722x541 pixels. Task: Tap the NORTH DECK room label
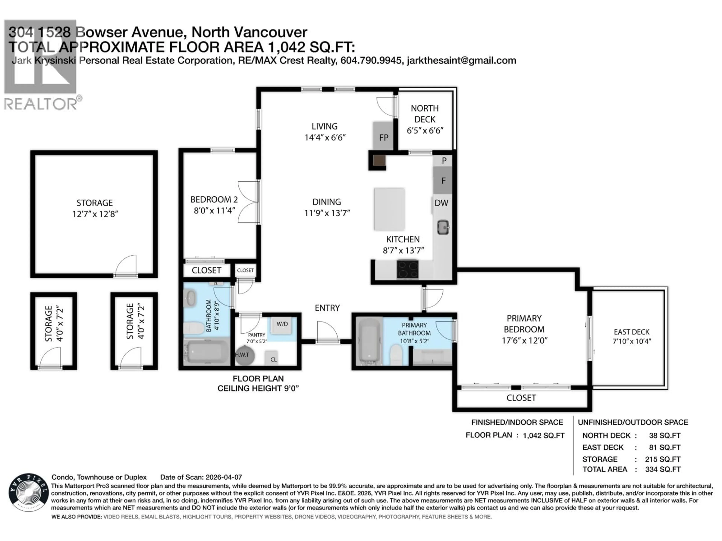[x=425, y=114]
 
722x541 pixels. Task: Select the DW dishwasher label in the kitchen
[x=441, y=203]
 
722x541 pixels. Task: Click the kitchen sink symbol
[x=443, y=227]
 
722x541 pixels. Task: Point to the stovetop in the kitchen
[x=407, y=269]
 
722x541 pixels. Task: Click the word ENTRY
[x=327, y=308]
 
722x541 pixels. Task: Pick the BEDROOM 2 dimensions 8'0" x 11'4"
[x=214, y=211]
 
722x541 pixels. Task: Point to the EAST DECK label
[x=632, y=332]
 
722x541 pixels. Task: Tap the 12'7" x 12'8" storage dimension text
[x=95, y=214]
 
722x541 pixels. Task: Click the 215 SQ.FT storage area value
[x=663, y=459]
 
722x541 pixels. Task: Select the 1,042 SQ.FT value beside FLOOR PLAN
[x=543, y=435]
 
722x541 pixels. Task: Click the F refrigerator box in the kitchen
[x=443, y=181]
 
